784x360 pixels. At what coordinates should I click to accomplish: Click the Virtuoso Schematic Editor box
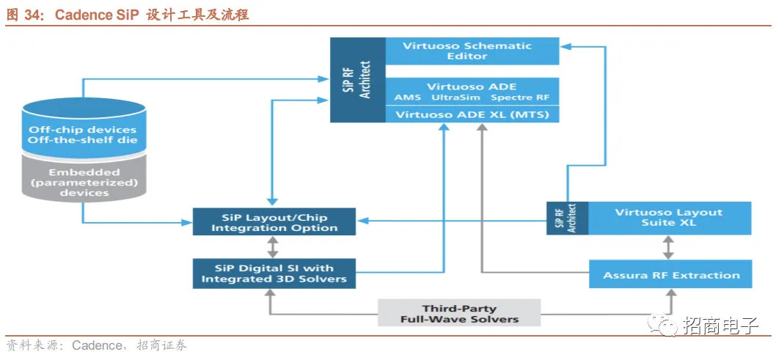point(472,51)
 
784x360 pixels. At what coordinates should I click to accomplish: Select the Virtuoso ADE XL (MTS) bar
point(472,114)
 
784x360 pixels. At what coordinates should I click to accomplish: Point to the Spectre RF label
point(520,98)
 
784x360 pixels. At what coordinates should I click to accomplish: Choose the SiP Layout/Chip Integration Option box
point(274,222)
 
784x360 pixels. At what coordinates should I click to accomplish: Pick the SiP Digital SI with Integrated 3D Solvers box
point(274,273)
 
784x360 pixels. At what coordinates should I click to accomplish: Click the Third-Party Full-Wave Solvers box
point(459,314)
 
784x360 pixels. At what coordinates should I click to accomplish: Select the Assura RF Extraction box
point(670,275)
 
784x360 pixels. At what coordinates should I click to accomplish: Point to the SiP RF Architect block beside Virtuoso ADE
point(357,79)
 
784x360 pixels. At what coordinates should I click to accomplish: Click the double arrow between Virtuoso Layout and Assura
point(668,247)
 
